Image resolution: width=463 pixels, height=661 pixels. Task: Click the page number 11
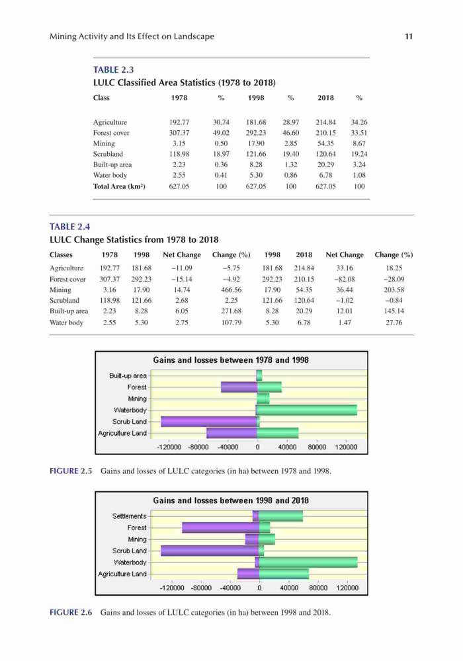(408, 36)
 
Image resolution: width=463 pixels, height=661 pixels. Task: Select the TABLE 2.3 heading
(113, 69)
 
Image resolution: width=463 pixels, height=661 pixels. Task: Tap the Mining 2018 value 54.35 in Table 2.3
(325, 143)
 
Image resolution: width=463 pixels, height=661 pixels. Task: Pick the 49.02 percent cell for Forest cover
(221, 133)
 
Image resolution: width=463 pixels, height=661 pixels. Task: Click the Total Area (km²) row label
(119, 186)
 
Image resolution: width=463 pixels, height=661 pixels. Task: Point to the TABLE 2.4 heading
(69, 227)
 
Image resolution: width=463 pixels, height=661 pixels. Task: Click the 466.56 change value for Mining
(231, 290)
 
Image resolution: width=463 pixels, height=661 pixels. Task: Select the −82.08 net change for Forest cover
(345, 279)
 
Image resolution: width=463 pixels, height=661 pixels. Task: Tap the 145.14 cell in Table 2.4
(394, 311)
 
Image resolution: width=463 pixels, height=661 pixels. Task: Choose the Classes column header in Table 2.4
(61, 254)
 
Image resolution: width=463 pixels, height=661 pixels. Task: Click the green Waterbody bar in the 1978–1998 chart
(306, 410)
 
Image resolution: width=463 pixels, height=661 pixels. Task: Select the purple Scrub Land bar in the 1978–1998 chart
(209, 421)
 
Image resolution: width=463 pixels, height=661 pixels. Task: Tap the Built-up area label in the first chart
(128, 375)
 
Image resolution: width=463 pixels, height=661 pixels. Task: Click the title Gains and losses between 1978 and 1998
(231, 360)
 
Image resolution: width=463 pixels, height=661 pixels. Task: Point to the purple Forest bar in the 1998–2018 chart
(220, 527)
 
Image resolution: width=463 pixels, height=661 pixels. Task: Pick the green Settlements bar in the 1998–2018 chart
(280, 516)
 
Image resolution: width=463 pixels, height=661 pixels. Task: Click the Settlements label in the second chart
(129, 516)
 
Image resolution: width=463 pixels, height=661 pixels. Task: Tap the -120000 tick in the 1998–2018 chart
(172, 588)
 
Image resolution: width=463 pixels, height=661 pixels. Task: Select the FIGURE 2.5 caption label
(71, 471)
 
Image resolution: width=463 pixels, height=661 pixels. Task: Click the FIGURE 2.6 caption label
(71, 612)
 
